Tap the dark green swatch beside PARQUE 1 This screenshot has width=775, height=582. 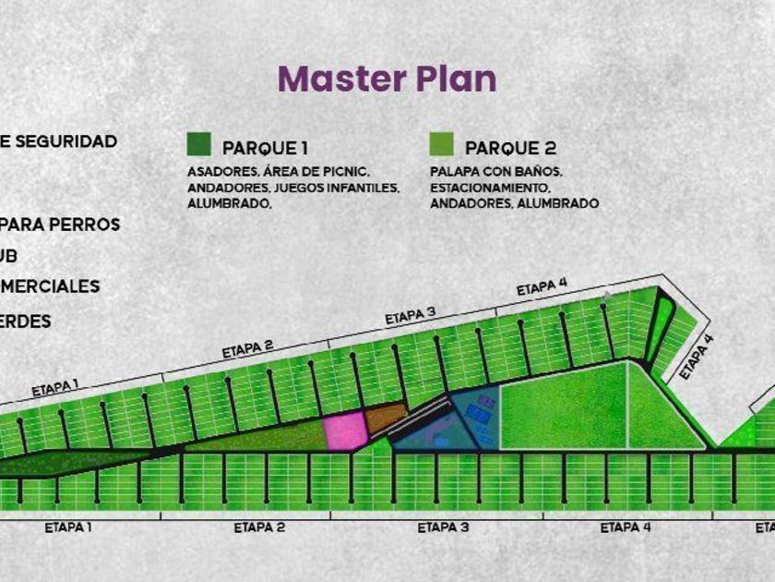point(198,145)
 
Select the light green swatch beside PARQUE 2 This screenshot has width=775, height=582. point(441,145)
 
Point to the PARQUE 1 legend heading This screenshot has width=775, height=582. point(265,148)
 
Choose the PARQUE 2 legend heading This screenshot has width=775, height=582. point(510,148)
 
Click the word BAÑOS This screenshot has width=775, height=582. point(538,172)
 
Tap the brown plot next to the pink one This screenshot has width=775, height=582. point(386,418)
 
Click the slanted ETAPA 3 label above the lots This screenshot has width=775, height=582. point(410,316)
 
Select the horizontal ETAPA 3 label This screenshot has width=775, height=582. point(443,527)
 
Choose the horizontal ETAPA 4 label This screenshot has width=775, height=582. point(626,527)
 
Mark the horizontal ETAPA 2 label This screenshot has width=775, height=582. point(259,527)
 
